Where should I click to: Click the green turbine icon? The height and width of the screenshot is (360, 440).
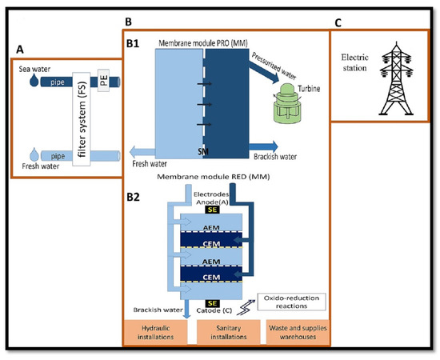[x=287, y=103]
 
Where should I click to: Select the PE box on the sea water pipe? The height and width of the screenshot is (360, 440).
[x=103, y=81]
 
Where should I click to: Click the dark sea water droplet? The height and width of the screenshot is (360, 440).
[x=34, y=81]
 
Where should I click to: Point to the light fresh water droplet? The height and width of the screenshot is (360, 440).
[x=34, y=154]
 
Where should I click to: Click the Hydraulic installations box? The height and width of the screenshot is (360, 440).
[x=155, y=332]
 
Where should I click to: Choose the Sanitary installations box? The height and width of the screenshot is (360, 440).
[x=229, y=332]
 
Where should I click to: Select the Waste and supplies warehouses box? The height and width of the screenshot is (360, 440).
[x=298, y=332]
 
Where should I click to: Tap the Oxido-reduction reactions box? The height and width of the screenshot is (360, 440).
[x=291, y=302]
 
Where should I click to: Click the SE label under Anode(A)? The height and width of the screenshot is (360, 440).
[x=212, y=210]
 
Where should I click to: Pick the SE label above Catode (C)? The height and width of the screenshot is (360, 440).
[x=212, y=303]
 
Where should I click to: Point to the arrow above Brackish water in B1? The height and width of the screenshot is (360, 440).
[x=263, y=146]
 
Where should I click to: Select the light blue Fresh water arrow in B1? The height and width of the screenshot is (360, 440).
[x=142, y=152]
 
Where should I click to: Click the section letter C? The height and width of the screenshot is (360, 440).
[x=338, y=22]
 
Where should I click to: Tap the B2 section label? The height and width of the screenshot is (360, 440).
[x=133, y=197]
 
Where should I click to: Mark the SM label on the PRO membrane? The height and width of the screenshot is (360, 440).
[x=203, y=151]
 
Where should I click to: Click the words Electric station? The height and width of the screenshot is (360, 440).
[x=354, y=62]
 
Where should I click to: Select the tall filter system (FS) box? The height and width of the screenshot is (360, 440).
[x=82, y=119]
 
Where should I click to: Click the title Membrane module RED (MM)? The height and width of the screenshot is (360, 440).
[x=214, y=177]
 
